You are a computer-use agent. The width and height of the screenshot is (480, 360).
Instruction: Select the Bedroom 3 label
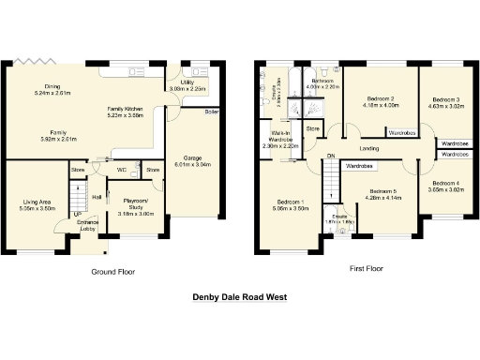tap(445, 100)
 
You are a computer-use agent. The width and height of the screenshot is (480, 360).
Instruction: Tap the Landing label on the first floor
tap(368, 148)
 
